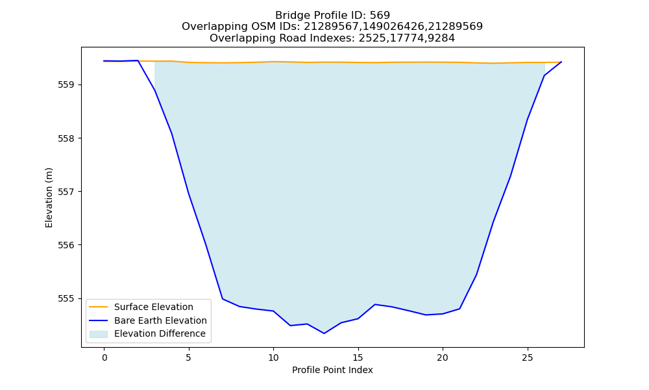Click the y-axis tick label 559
[x=66, y=85]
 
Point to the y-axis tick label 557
[x=66, y=192]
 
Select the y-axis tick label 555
[x=66, y=299]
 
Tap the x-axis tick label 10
[x=273, y=357]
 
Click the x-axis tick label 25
[x=527, y=357]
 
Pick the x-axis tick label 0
[x=104, y=357]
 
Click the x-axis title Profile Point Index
[x=332, y=370]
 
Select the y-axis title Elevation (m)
[x=49, y=198]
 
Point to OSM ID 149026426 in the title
[x=393, y=27]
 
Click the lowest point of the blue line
[x=324, y=333]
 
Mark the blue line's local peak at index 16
[x=375, y=304]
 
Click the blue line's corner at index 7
[x=223, y=299]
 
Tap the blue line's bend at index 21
[x=459, y=309]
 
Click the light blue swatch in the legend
[x=99, y=334]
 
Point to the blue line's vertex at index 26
[x=545, y=76]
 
